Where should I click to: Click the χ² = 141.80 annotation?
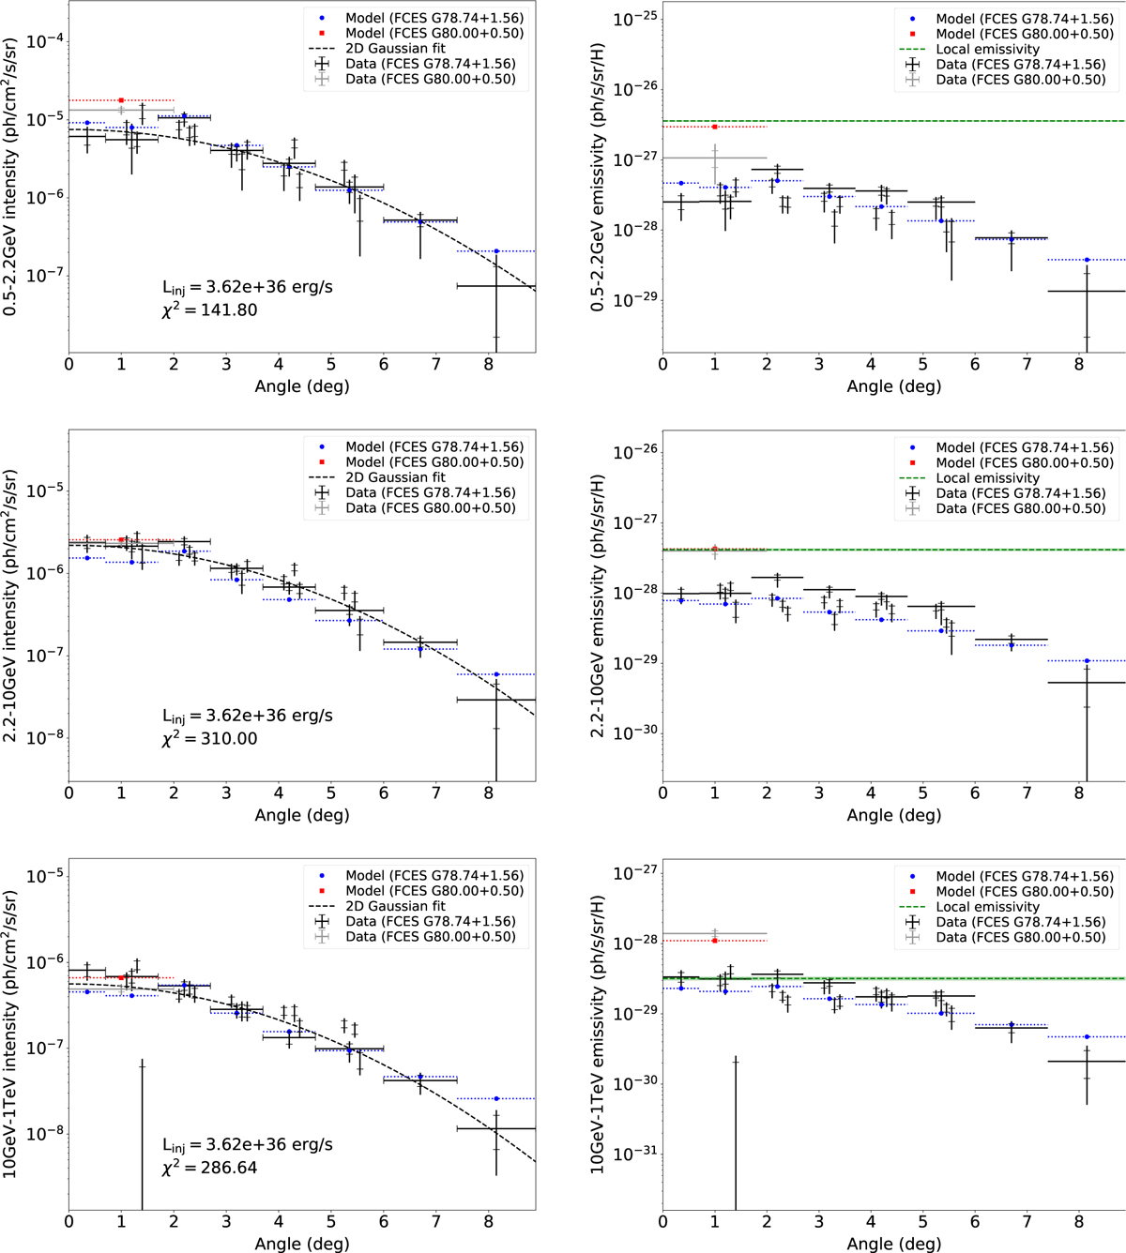click(209, 310)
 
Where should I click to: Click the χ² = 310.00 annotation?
click(209, 739)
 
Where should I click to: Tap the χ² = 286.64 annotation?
click(209, 1168)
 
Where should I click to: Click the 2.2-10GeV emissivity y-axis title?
click(598, 605)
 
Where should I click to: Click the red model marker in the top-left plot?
click(121, 100)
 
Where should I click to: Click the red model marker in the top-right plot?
click(715, 127)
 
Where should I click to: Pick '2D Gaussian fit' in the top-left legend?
click(394, 49)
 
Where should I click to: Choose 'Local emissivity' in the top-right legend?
click(987, 49)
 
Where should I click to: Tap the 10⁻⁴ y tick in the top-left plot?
click(43, 41)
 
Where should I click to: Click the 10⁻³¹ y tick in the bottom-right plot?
click(634, 1154)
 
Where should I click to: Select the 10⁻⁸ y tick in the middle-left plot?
click(43, 738)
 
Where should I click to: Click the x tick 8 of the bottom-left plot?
click(489, 1222)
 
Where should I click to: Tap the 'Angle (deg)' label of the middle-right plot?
click(893, 815)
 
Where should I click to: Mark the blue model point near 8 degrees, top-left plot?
click(496, 251)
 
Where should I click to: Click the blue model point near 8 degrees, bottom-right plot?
click(1087, 1037)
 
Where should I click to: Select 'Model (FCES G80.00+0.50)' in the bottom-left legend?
click(434, 891)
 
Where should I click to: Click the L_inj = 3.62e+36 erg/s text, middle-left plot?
click(248, 716)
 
